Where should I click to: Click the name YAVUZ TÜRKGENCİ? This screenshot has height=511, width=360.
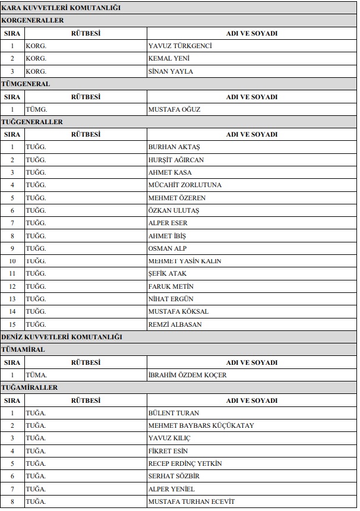point(179,46)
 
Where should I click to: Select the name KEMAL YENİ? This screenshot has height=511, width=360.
point(169,59)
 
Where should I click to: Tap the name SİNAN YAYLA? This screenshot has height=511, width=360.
point(170,71)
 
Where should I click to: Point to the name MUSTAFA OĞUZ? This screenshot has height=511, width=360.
point(174,109)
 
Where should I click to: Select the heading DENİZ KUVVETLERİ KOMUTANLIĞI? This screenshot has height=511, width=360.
point(62,337)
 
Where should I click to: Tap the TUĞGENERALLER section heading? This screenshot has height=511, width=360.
point(32,122)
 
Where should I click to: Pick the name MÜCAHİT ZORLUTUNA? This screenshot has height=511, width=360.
point(185,185)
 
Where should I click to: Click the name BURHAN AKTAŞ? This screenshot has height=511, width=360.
point(174,147)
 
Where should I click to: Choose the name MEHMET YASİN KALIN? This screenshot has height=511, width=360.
point(185,261)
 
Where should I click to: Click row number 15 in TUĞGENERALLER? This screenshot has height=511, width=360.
point(12,324)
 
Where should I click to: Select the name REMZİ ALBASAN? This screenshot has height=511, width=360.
point(175,324)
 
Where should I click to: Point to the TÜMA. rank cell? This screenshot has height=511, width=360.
point(36,375)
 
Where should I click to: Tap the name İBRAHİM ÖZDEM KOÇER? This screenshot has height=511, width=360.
point(187,375)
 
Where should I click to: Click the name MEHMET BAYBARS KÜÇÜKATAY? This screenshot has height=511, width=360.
point(201,425)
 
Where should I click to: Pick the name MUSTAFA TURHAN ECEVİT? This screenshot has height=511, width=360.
point(191,501)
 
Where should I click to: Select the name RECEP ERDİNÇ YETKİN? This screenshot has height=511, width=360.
point(185,463)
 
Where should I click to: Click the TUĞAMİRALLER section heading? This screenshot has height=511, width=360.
point(30,387)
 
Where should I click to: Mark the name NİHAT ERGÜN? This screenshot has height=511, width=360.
point(170,299)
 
